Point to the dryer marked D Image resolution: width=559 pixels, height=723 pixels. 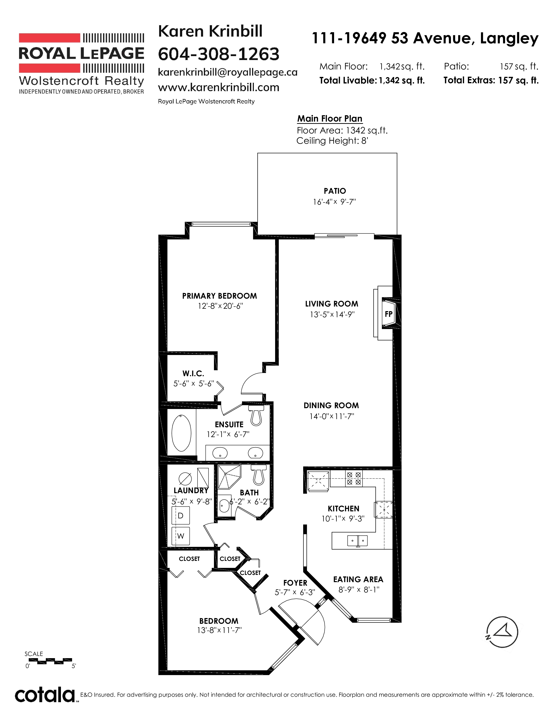coord(180,516)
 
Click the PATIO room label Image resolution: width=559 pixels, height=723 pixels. coord(335,191)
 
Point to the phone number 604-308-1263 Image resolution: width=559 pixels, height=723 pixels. coord(219,54)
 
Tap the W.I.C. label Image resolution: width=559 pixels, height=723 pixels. coord(193,374)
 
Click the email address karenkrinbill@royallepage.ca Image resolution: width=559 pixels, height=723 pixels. coord(228,72)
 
